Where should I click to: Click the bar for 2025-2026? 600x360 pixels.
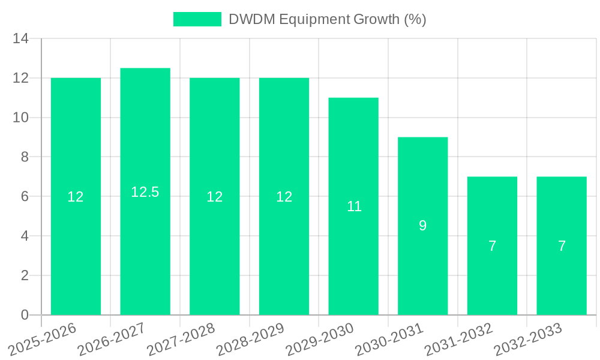click(x=76, y=252)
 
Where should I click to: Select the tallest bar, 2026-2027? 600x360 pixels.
click(x=145, y=252)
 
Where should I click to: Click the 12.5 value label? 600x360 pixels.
click(x=145, y=192)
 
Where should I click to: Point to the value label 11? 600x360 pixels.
click(x=354, y=206)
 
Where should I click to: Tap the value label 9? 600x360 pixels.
click(x=422, y=226)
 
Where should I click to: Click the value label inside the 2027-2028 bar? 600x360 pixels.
click(x=215, y=196)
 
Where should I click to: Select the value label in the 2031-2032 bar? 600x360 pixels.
click(x=492, y=246)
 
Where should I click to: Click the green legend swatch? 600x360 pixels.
click(x=197, y=19)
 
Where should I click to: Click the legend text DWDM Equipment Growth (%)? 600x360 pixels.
click(x=328, y=19)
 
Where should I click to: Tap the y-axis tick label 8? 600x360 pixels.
click(x=24, y=157)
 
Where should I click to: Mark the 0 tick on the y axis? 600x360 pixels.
click(x=24, y=315)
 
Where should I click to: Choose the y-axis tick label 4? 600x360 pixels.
click(x=24, y=236)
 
